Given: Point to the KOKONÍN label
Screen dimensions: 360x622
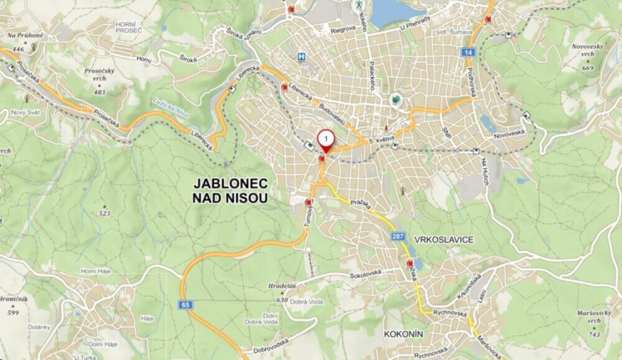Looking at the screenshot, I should pos(405,334).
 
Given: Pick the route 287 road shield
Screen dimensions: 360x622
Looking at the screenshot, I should pos(398,236).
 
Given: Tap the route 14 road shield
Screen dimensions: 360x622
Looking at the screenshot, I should pos(469,52).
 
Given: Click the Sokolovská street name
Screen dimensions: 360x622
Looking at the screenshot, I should pos(367,272).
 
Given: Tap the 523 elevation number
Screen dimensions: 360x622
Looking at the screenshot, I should pos(104,213).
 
